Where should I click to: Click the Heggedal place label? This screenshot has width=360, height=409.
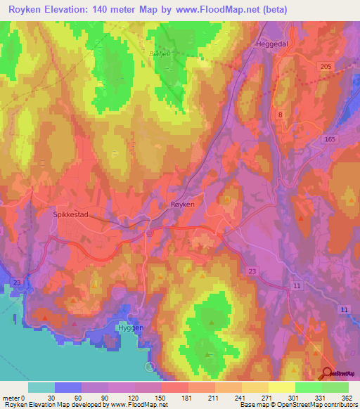pyautogui.click(x=269, y=44)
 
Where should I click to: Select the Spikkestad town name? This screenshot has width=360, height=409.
pyautogui.click(x=71, y=215)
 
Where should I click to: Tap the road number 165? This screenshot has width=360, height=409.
pyautogui.click(x=330, y=141)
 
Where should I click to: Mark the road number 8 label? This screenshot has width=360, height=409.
pyautogui.click(x=281, y=115)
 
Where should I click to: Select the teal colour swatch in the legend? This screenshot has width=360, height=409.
pyautogui.click(x=41, y=387)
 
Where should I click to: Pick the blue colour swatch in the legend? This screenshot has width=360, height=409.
pyautogui.click(x=68, y=387)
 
